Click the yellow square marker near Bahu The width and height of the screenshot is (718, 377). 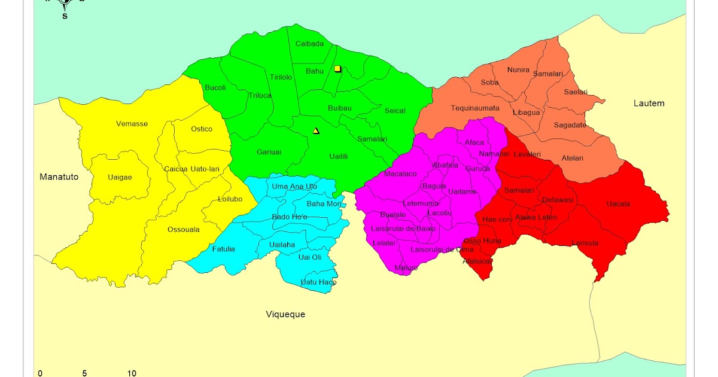pyautogui.click(x=337, y=69)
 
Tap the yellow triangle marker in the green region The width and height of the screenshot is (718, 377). pyautogui.click(x=316, y=131)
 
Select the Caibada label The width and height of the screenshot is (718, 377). pyautogui.click(x=309, y=44)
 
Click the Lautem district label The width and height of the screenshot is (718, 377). pyautogui.click(x=649, y=104)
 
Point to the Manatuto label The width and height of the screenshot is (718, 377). pyautogui.click(x=59, y=177)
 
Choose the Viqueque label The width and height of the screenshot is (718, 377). pyautogui.click(x=285, y=314)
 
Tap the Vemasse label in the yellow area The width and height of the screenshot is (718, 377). pyautogui.click(x=132, y=124)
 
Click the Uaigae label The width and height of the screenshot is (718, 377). pyautogui.click(x=120, y=177)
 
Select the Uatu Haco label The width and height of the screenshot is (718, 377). pyautogui.click(x=318, y=282)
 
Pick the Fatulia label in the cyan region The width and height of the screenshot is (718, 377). pyautogui.click(x=223, y=249)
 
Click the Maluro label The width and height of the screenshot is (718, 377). pyautogui.click(x=406, y=267)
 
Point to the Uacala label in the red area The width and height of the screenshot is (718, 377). pyautogui.click(x=618, y=204)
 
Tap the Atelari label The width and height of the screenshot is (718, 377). pyautogui.click(x=572, y=158)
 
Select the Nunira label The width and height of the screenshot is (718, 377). pyautogui.click(x=518, y=70)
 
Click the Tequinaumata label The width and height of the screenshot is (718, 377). pyautogui.click(x=475, y=108)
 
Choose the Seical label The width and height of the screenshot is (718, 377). pyautogui.click(x=395, y=111)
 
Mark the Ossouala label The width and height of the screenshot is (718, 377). pyautogui.click(x=184, y=229)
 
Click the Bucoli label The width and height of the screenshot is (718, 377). pyautogui.click(x=215, y=87)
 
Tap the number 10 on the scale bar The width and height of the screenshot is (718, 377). pyautogui.click(x=132, y=373)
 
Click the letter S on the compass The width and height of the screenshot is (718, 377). pyautogui.click(x=65, y=16)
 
